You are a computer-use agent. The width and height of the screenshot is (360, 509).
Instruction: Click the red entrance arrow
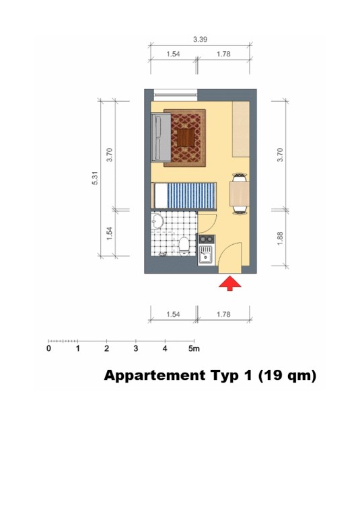coord(229,283)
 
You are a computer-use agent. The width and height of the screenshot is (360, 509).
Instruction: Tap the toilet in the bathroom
coord(184,245)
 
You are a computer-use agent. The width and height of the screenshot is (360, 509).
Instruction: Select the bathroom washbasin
coord(157,221)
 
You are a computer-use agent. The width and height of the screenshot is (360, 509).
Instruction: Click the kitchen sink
coord(205,255)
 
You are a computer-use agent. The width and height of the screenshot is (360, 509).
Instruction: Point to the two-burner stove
coord(207,239)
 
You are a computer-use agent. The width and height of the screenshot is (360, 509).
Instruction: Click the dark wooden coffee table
coord(186,138)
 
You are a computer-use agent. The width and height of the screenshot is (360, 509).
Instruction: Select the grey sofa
coord(161,137)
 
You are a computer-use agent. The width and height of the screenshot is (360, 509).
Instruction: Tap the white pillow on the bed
coord(161,196)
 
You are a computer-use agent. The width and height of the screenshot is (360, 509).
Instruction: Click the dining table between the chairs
coord(240,194)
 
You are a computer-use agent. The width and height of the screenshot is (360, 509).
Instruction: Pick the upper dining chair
coord(240,178)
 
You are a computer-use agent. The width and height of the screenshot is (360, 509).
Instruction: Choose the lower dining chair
coord(240,210)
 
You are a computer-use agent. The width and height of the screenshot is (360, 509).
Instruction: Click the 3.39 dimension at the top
coord(200,39)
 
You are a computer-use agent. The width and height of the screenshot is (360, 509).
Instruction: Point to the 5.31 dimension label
coord(95,178)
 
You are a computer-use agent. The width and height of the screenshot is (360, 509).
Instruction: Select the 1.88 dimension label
coord(280,238)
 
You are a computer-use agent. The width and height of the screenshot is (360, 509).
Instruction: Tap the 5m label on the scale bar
coord(194,349)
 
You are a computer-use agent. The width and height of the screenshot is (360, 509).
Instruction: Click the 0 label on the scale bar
coord(48,349)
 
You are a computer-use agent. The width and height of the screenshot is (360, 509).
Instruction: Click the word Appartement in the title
coord(155,376)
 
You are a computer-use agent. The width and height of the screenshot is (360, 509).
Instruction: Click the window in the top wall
coord(176,95)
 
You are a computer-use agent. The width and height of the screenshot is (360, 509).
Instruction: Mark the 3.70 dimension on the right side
coord(280,155)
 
